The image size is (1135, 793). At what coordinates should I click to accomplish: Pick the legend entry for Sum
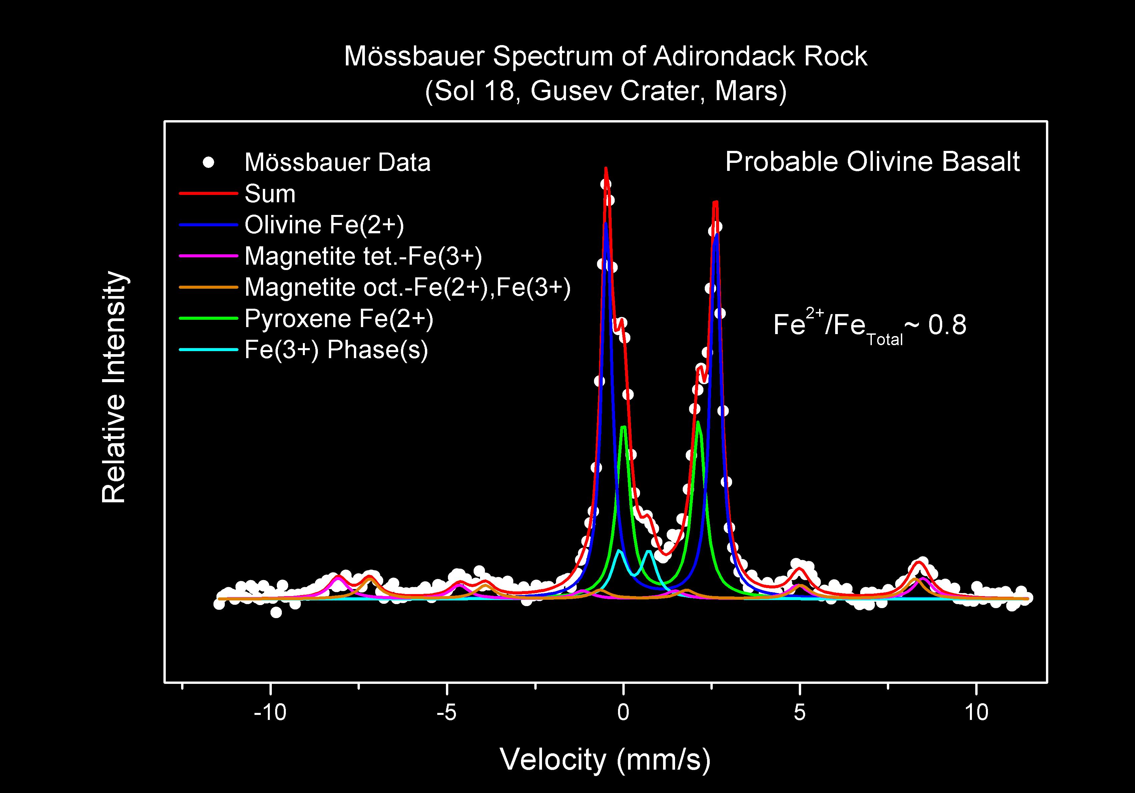click(x=270, y=194)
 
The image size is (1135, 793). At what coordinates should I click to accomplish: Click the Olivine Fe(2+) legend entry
click(x=324, y=225)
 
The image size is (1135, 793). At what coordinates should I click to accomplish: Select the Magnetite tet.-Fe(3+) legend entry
click(x=363, y=256)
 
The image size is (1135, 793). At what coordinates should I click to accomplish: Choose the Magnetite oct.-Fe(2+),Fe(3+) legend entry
click(x=407, y=287)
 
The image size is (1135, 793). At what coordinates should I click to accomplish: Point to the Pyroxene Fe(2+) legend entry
click(x=339, y=319)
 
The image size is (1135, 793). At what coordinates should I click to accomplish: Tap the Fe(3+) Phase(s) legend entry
click(x=336, y=350)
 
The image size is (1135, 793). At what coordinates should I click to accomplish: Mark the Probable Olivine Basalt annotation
click(x=872, y=162)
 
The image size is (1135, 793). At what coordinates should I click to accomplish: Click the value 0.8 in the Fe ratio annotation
click(x=947, y=325)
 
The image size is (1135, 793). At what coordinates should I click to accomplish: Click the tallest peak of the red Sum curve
click(x=606, y=169)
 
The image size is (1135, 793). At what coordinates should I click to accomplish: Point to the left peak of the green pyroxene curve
click(x=623, y=427)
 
